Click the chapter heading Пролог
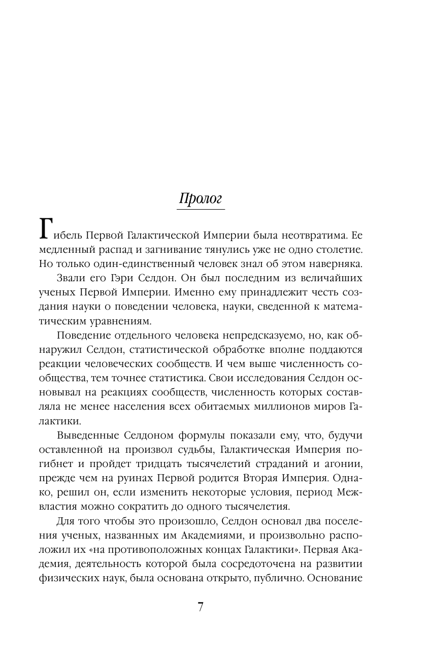[x=201, y=197]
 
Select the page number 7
[x=201, y=607]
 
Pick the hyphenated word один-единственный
[x=138, y=264]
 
